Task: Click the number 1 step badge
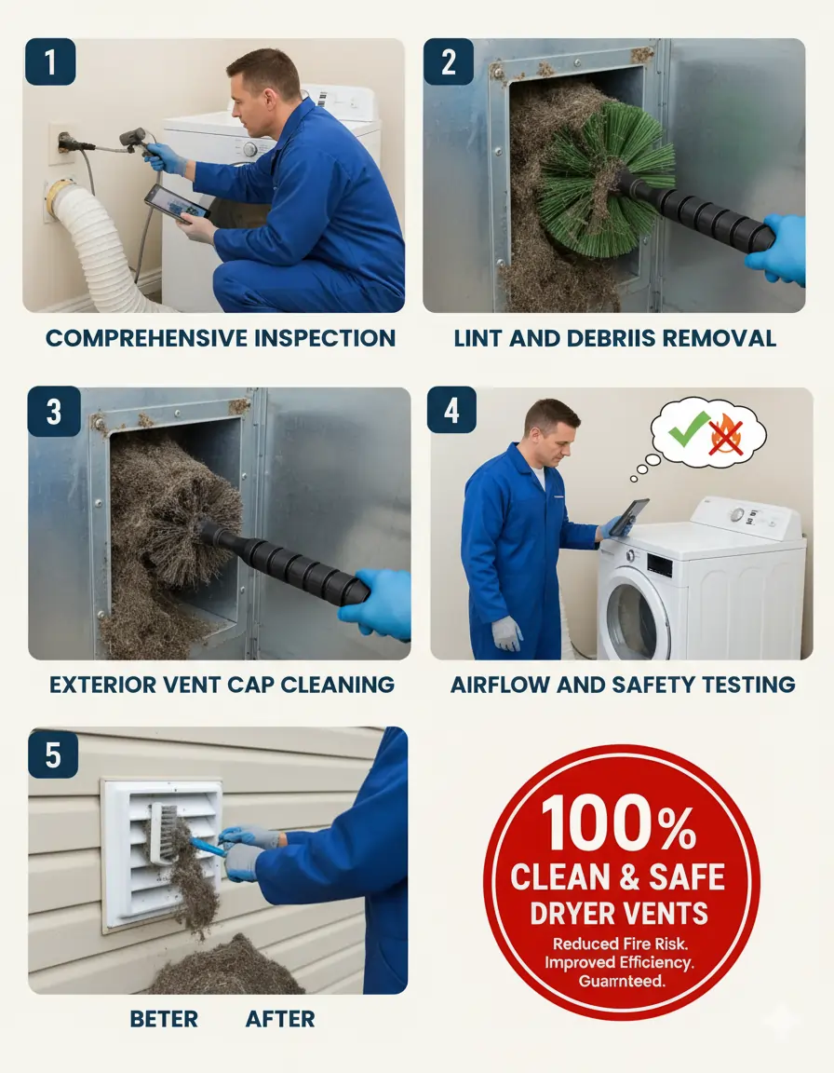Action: tap(51, 61)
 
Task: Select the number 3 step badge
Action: tap(54, 411)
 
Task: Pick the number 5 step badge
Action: tap(54, 754)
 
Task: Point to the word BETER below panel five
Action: tap(164, 1019)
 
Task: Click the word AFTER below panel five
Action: tap(280, 1019)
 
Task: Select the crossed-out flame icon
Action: tap(727, 434)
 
